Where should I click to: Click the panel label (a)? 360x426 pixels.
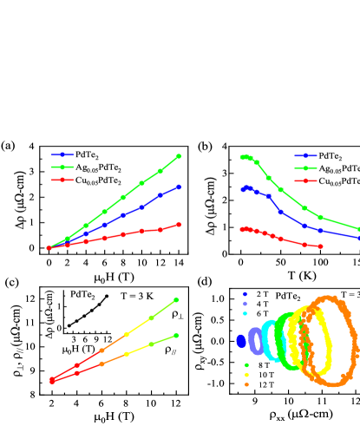pos(9,146)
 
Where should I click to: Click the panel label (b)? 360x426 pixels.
pos(206,146)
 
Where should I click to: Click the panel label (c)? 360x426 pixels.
pos(11,282)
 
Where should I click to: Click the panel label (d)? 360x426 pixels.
pos(206,282)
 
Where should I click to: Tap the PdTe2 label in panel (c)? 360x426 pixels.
pos(82,294)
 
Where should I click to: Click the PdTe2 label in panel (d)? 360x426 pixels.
pos(287,296)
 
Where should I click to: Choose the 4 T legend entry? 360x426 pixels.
pos(255,304)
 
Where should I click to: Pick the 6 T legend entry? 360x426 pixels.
pos(255,313)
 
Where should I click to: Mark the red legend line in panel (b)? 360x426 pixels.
pos(305,180)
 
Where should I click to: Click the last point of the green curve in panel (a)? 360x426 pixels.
pos(179,156)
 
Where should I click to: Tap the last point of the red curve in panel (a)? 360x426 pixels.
pos(179,224)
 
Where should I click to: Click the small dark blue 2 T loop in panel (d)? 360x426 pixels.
pos(241,341)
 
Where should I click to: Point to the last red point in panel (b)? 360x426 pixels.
pos(321,246)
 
